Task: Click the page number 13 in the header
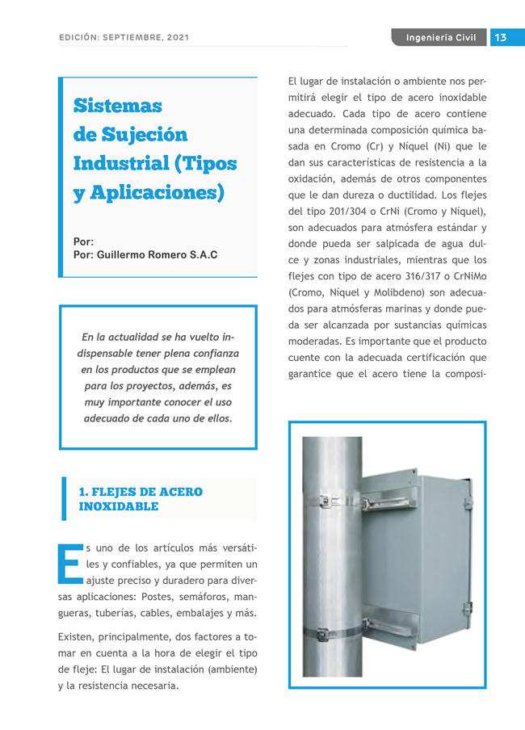click(501, 37)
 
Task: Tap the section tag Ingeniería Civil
click(440, 37)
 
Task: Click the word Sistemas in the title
click(117, 106)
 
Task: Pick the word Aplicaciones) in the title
click(161, 193)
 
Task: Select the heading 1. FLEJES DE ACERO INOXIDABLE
click(140, 499)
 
